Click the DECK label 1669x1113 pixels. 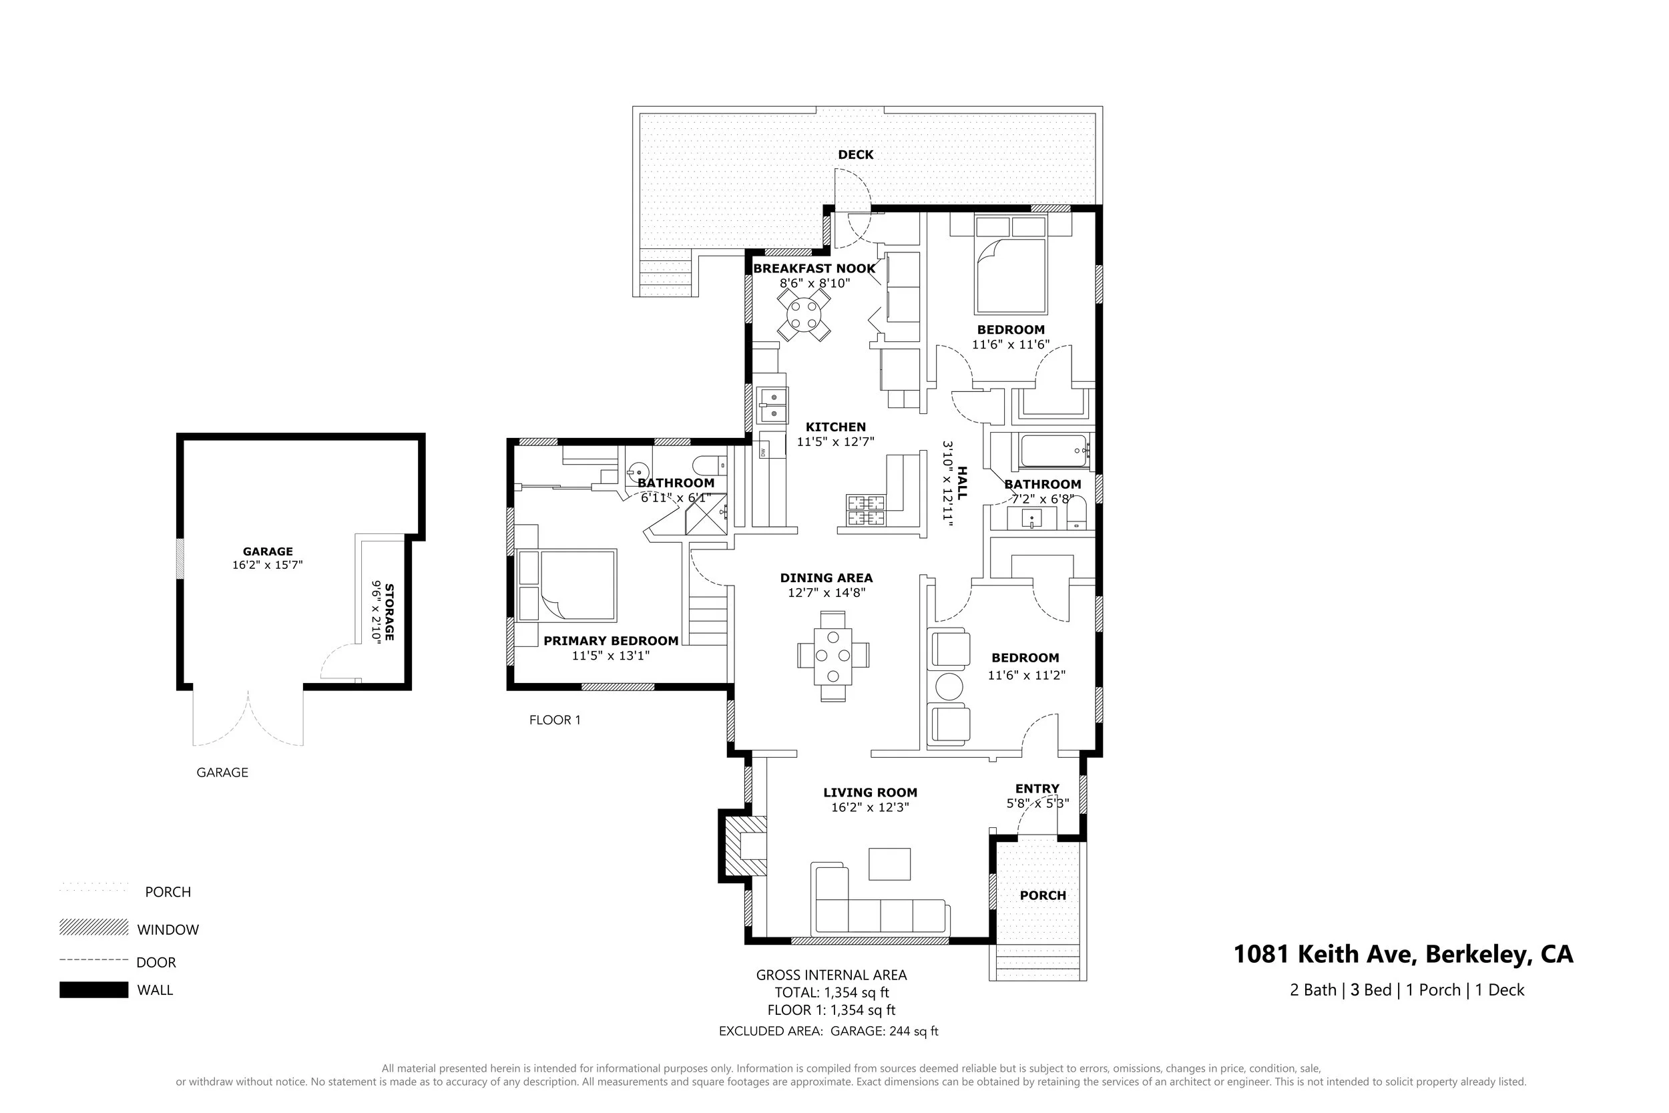(855, 155)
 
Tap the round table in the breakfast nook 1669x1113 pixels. (804, 316)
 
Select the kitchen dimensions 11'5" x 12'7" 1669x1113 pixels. (835, 441)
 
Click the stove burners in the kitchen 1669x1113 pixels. (865, 510)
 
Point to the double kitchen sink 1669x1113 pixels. (771, 405)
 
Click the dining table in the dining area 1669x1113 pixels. (832, 655)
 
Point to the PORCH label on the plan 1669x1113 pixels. (1042, 896)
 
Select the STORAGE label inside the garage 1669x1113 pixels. (389, 612)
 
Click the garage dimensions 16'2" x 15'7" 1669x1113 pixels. (268, 565)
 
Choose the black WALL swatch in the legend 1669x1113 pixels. (93, 989)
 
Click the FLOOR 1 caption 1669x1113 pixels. (554, 720)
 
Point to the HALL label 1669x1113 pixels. (962, 483)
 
